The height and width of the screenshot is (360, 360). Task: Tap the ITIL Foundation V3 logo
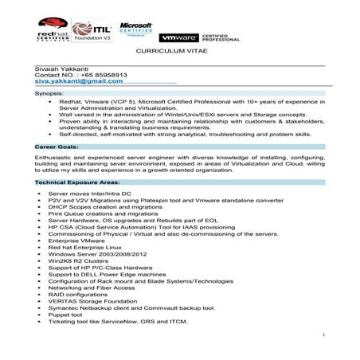click(94, 29)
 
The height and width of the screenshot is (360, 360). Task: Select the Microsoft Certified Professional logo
click(135, 28)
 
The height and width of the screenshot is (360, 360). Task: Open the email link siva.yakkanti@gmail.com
click(79, 88)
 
